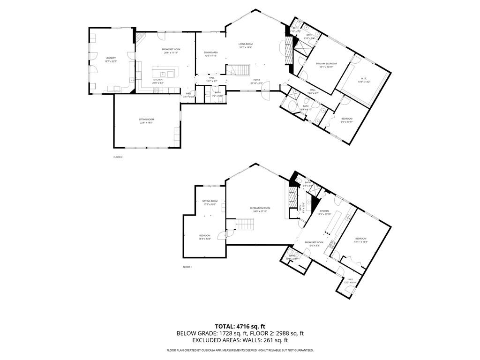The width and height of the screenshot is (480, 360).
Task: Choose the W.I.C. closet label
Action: (364, 80)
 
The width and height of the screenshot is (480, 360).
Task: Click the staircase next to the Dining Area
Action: (239, 70)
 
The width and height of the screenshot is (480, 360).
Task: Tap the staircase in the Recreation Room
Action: (244, 225)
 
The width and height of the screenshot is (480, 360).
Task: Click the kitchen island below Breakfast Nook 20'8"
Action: (164, 73)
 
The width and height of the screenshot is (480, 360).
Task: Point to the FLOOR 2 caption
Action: (118, 157)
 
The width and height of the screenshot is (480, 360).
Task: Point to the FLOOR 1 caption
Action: (187, 267)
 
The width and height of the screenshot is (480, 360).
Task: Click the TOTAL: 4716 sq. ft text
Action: (240, 326)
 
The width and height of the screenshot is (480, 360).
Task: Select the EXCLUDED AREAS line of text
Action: (240, 341)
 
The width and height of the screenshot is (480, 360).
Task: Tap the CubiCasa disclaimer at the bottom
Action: (240, 350)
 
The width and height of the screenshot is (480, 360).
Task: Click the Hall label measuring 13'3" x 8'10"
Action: (350, 280)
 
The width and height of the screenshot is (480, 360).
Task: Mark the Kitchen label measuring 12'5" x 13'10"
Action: (324, 212)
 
